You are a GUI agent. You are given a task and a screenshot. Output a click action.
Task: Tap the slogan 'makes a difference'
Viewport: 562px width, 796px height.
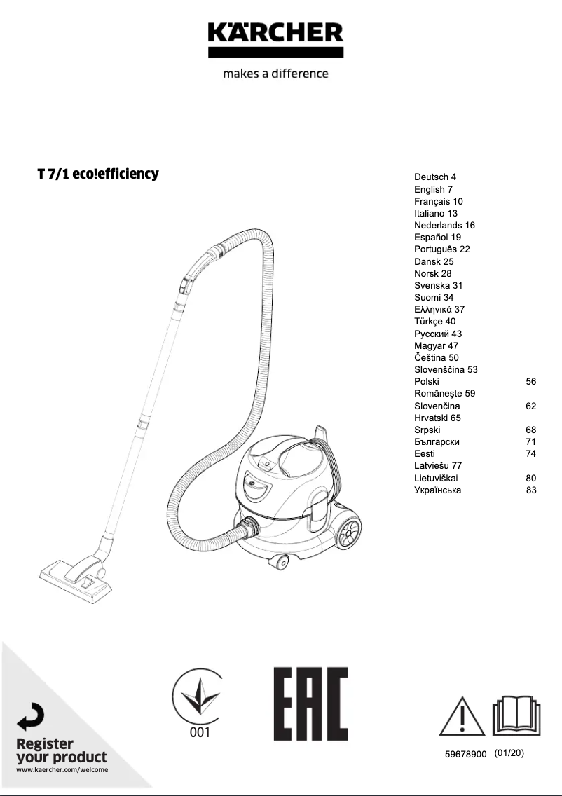pos(275,74)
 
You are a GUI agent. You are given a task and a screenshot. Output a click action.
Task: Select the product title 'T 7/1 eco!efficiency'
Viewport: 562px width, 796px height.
pos(98,173)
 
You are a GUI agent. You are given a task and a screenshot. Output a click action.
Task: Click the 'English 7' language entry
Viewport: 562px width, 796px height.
pos(433,189)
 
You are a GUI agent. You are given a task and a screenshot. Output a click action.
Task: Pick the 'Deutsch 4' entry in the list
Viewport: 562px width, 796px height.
pos(435,177)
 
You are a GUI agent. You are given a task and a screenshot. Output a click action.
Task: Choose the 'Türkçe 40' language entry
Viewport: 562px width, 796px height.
pos(434,322)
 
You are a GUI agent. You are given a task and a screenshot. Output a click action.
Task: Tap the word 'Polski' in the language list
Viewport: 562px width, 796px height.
pos(427,381)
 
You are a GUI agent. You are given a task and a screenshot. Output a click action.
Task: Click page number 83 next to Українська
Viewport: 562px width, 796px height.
pos(530,490)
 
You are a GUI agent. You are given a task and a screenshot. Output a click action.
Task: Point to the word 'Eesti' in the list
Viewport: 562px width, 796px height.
pos(425,453)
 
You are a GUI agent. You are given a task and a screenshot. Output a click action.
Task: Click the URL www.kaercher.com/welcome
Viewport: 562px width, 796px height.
pos(61,770)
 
